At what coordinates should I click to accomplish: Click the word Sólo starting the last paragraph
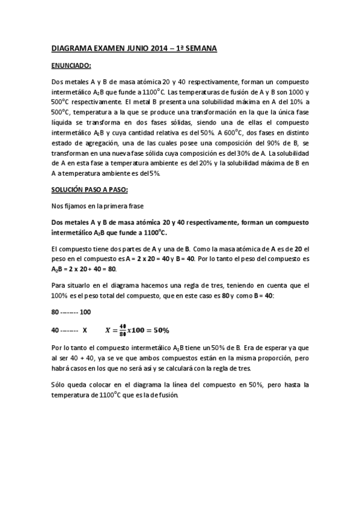tap(59, 384)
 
